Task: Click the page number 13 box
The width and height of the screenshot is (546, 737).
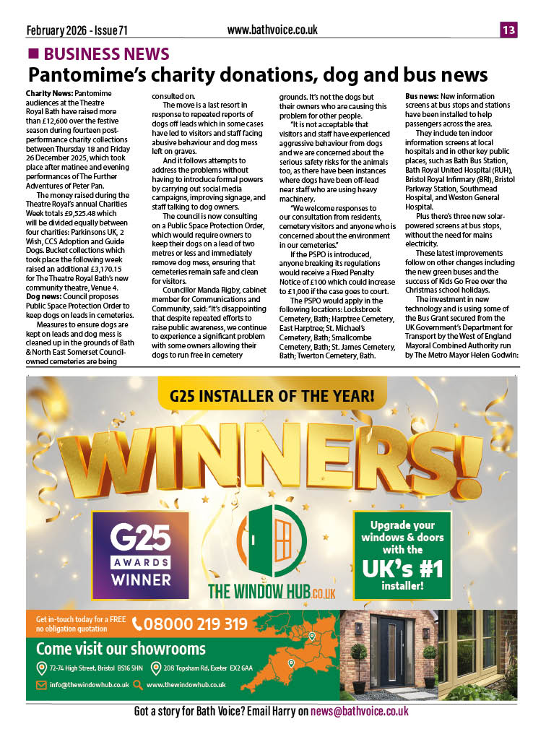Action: tap(508, 30)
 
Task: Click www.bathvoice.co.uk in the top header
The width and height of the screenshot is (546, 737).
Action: tap(272, 30)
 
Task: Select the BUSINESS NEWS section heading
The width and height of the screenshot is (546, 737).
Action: tap(105, 54)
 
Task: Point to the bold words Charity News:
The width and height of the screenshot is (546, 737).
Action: tap(48, 95)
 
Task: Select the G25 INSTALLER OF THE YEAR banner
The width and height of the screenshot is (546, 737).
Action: tap(272, 395)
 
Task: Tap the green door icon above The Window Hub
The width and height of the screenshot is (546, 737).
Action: tap(272, 540)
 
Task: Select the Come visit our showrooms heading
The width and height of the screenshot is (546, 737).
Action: tap(121, 648)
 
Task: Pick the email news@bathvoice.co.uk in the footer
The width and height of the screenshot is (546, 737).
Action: tap(360, 712)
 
